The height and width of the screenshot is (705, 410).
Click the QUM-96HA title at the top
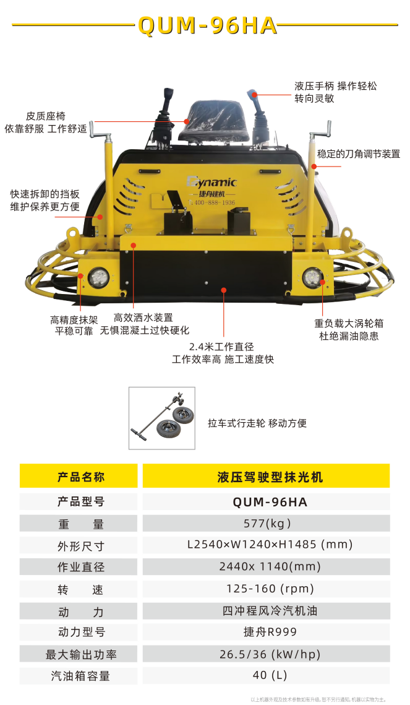pos(207,25)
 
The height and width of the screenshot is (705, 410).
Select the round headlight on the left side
pos(98,277)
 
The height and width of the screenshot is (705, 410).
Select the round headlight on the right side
pos(312,277)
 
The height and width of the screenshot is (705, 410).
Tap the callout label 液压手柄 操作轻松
pos(335,86)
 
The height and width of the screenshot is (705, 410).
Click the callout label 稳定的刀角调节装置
pos(358,154)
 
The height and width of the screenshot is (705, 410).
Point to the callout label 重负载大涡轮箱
pos(349,323)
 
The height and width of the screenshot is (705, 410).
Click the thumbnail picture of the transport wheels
pos(162,418)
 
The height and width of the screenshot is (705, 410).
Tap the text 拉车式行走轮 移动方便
pos(257,423)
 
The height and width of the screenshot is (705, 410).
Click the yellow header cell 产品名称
pos(79,476)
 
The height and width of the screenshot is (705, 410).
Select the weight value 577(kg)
pos(268,524)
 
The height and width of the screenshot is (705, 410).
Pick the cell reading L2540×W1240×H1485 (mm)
pos(270,545)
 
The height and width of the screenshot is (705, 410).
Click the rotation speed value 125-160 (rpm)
pos(270,589)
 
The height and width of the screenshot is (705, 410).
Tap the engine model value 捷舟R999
pos(270,632)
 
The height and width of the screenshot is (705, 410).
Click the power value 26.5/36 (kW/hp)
pos(270,655)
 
